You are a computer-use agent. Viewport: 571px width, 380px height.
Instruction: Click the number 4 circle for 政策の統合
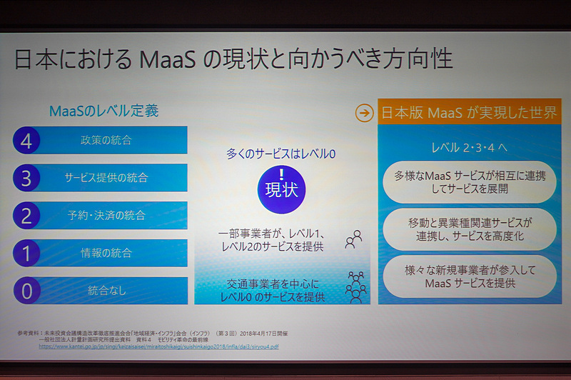26,141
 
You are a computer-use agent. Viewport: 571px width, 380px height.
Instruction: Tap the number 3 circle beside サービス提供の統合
26,178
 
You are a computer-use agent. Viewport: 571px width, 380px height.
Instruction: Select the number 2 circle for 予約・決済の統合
26,215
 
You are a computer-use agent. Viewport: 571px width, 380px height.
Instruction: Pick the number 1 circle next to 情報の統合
26,253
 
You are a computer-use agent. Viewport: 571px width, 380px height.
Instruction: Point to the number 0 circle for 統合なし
26,291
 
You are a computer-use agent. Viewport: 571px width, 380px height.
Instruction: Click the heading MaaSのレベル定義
103,111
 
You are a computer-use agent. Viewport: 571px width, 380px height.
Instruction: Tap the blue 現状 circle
282,190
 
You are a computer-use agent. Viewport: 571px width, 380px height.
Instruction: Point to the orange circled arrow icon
364,114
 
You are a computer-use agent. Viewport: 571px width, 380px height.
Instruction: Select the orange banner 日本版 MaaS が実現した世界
469,114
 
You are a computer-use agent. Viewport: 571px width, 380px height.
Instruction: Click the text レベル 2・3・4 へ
469,148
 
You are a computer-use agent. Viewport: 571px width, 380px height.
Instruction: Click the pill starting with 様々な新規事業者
469,276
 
